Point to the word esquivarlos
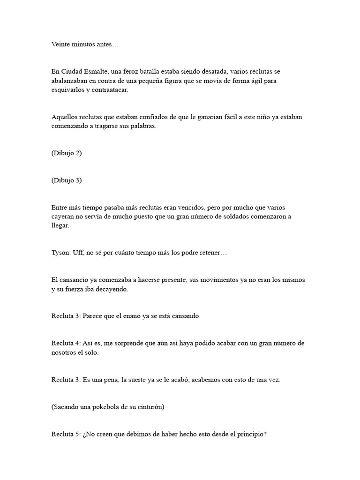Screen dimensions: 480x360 [68, 90]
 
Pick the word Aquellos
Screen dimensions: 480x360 [64, 117]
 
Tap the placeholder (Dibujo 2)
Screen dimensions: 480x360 [67, 153]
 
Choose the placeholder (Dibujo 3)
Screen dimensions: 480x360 [67, 180]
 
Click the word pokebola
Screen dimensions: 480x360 [114, 407]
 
